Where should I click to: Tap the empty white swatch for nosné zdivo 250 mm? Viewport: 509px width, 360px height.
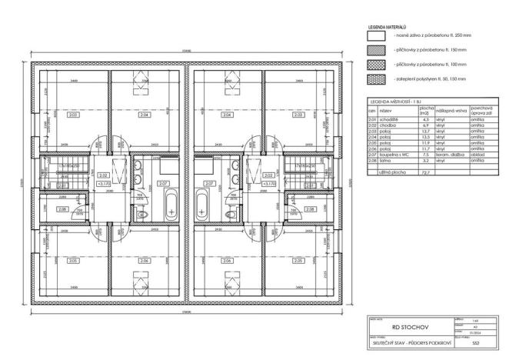coord(376,35)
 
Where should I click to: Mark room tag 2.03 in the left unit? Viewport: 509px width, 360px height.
coord(72,115)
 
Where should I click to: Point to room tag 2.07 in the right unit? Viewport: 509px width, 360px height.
coord(208,185)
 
